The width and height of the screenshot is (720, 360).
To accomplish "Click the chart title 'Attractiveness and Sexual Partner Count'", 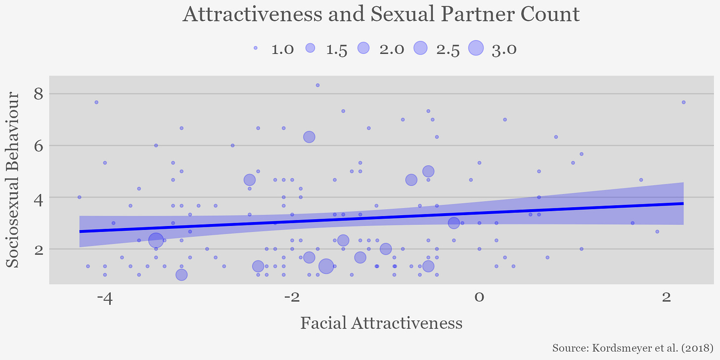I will pyautogui.click(x=381, y=14).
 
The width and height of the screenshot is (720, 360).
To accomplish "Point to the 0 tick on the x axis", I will pyautogui.click(x=479, y=298).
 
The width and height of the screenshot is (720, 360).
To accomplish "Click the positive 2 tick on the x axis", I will pyautogui.click(x=666, y=298).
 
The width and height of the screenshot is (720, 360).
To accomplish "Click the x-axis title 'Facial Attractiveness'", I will pyautogui.click(x=381, y=323).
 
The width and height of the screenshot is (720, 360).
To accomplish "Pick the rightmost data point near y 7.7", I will pyautogui.click(x=683, y=102).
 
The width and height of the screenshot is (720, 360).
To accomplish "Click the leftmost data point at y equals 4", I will pyautogui.click(x=79, y=197).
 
